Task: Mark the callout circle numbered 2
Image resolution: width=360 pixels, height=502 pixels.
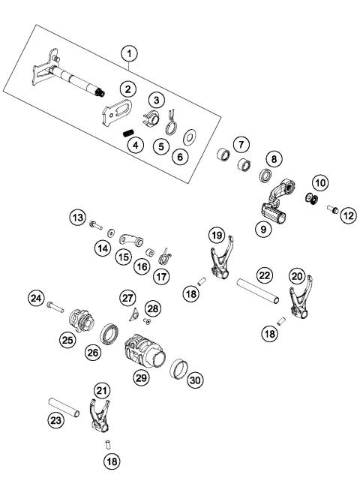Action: coord(128,89)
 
